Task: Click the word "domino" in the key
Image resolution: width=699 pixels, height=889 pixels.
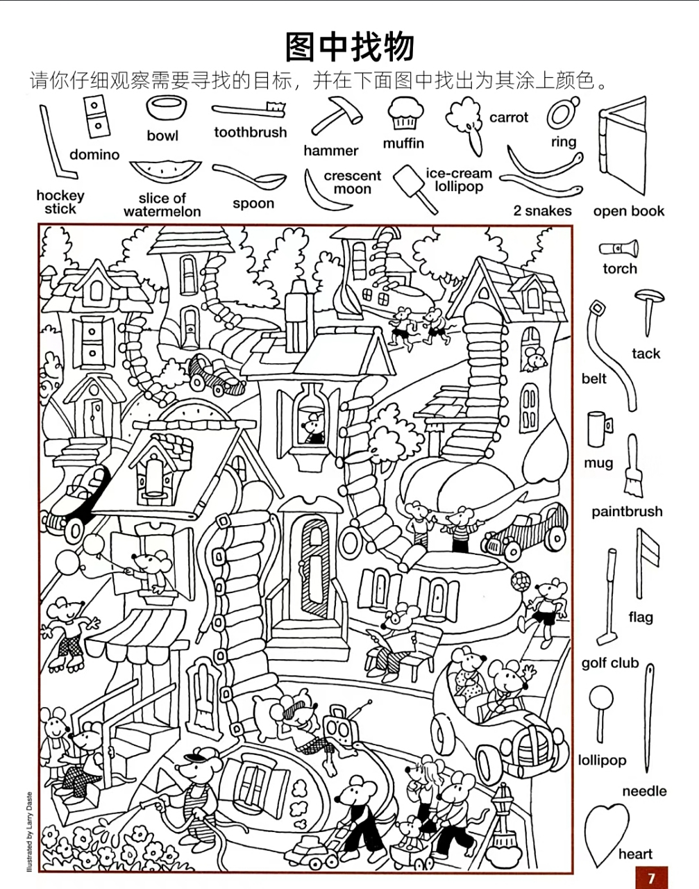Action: coord(94,155)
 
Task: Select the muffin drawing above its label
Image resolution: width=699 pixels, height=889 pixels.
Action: coord(403,113)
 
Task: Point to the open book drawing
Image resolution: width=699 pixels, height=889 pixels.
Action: coord(622,147)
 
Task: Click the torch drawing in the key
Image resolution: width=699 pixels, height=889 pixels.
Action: coord(618,248)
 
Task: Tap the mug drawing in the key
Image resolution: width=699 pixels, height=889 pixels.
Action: coord(599,429)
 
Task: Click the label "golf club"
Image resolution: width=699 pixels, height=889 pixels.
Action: coord(609,663)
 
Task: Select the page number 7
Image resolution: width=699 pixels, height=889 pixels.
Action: coord(650,878)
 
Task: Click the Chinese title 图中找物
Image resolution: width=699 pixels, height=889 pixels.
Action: coord(349,47)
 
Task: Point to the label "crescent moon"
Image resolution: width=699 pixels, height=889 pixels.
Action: coord(352,183)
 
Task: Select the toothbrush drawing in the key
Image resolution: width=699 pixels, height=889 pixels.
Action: coord(249,110)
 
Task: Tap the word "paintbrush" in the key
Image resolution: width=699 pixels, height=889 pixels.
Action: coord(627,512)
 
